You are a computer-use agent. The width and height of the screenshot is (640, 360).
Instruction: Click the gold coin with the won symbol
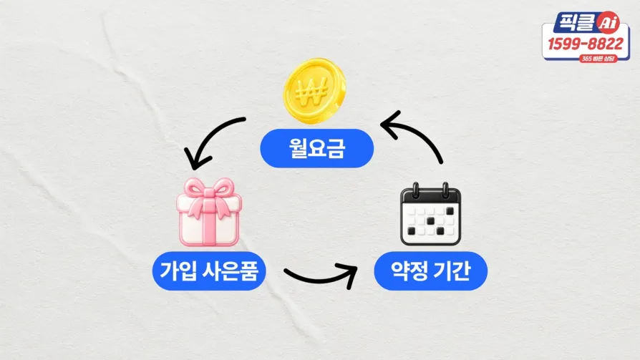tap(315, 91)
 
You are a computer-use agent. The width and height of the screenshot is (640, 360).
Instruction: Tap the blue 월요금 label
tap(316, 148)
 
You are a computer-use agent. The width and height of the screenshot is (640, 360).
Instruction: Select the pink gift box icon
tap(209, 213)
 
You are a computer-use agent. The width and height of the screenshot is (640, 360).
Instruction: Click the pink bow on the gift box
tap(209, 196)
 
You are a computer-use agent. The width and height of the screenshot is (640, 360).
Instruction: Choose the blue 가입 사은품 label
tap(209, 271)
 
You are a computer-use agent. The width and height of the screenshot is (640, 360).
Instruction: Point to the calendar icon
tap(431, 214)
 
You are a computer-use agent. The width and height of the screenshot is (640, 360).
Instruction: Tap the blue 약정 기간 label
tap(431, 271)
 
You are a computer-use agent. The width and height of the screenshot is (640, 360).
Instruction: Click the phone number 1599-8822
tap(586, 44)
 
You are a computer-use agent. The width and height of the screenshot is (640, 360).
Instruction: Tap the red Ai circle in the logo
tap(609, 23)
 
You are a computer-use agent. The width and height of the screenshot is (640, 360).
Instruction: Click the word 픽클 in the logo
tap(577, 21)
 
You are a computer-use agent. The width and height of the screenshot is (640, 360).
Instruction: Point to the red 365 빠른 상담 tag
tap(598, 59)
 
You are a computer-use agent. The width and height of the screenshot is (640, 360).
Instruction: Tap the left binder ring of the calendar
tap(416, 190)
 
